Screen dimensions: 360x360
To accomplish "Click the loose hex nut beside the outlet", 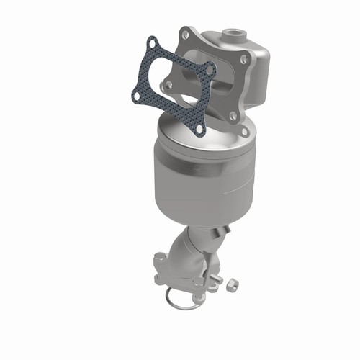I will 233,286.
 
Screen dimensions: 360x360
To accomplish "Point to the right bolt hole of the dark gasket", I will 210,70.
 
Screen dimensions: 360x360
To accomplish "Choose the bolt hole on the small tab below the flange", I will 245,131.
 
